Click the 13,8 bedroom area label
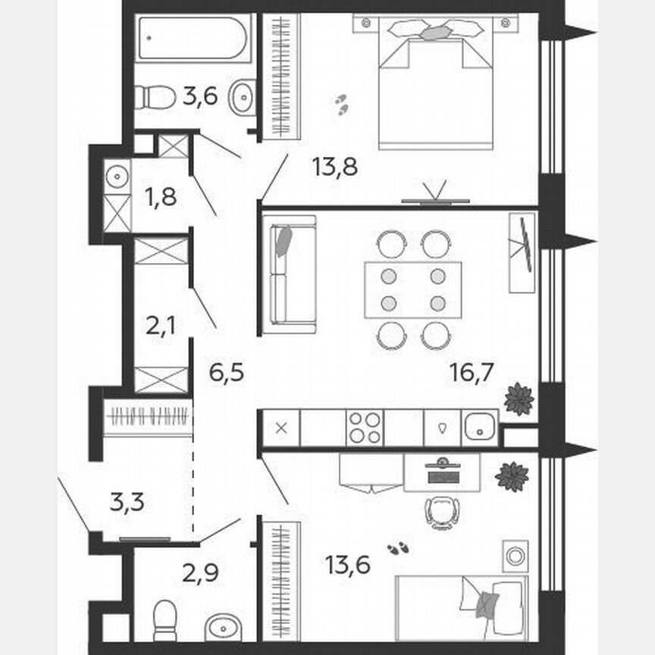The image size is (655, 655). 334,166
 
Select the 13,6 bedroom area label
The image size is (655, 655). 347,565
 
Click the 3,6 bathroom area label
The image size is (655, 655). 199,96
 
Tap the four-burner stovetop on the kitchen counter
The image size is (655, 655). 364,427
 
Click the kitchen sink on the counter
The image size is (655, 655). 479,427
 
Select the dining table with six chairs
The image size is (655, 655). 412,290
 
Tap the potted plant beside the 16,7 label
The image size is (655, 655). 520,399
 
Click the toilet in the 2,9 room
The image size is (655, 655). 165,620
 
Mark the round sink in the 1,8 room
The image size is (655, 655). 118,177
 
